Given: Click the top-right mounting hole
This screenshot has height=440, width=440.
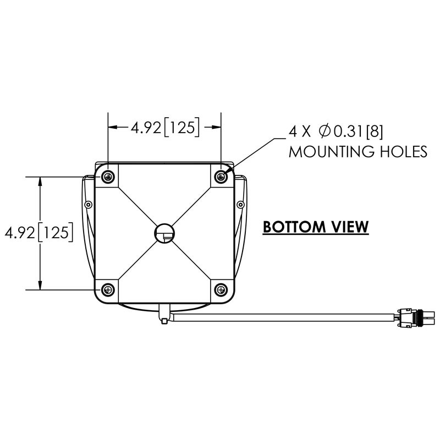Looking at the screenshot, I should pos(221,177).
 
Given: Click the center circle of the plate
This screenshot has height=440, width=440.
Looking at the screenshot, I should pos(164,233).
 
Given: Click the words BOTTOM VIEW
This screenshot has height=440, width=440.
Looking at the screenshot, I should pos(315,227).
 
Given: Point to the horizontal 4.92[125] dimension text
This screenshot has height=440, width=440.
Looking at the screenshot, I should pos(164,128).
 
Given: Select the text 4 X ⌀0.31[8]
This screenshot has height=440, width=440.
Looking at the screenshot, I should pos(335,131).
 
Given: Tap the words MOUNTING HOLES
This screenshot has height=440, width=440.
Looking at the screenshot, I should pos(358,151).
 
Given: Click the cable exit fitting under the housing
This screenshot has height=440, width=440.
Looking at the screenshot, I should pos(163,316).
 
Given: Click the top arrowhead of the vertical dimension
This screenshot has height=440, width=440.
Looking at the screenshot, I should pos(40,181).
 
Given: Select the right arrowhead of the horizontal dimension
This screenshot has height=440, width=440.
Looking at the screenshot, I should pos(217,127).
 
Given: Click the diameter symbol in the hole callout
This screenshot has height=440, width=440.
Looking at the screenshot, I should pos(324,131).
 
